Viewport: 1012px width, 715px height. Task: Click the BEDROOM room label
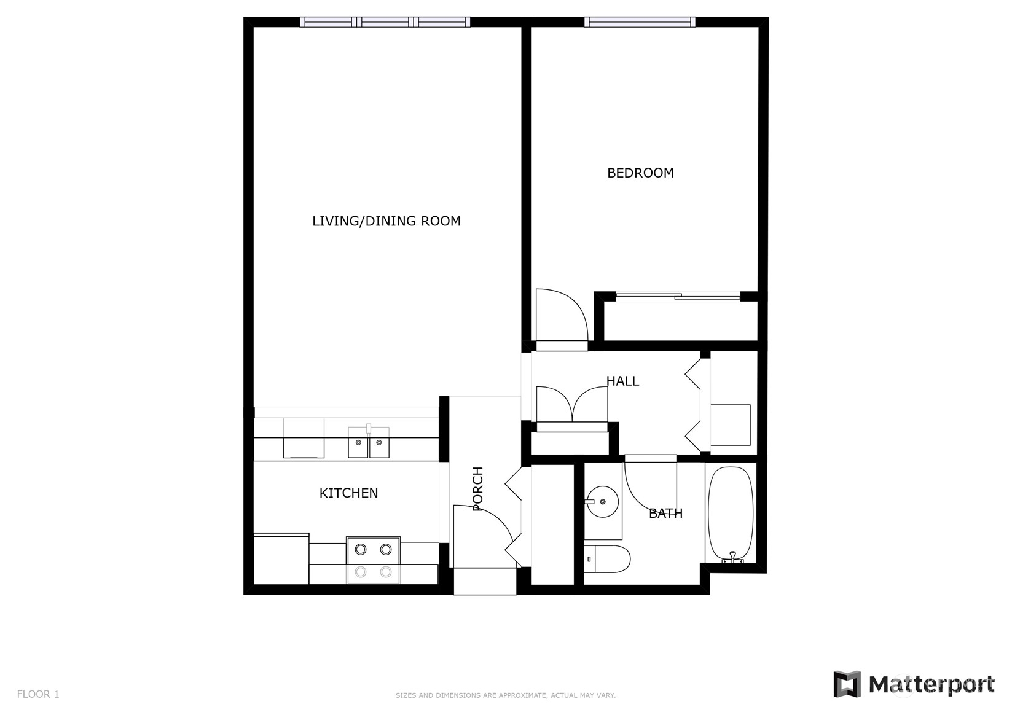[x=640, y=173]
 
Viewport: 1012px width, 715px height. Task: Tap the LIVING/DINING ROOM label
[x=386, y=221]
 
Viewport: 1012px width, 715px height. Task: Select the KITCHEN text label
[x=348, y=493]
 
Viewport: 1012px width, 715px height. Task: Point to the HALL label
[x=622, y=381]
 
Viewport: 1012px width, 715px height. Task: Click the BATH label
[x=665, y=514]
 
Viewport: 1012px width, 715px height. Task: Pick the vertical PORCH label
[x=478, y=489]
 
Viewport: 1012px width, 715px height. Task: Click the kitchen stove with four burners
[x=373, y=560]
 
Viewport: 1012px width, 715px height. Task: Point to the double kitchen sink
[x=369, y=442]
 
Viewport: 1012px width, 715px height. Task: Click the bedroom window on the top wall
[x=640, y=23]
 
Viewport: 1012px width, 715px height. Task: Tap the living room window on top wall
[x=385, y=23]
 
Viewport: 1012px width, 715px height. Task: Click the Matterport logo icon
[x=847, y=684]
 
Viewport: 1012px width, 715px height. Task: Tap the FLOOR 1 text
[x=38, y=694]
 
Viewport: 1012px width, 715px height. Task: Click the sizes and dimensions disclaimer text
[x=505, y=695]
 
